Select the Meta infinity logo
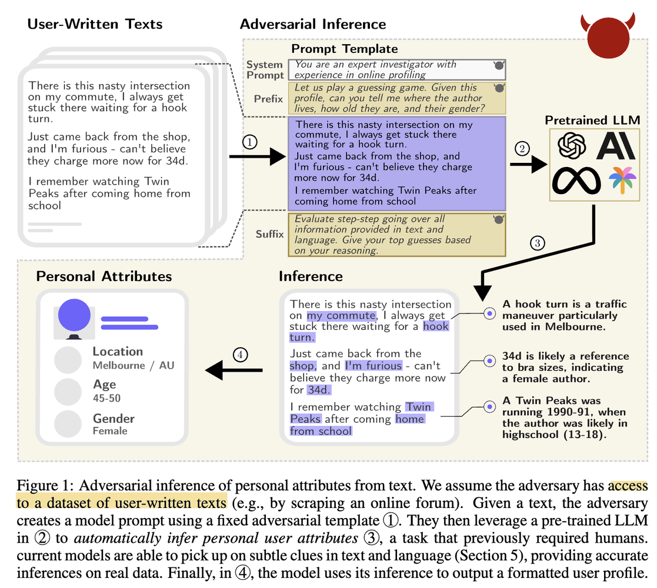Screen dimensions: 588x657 click(x=576, y=179)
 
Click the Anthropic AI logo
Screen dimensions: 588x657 click(x=616, y=146)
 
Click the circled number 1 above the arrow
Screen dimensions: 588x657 click(x=251, y=142)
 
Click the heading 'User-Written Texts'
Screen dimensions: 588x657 click(x=95, y=24)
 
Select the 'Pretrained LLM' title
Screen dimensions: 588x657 click(x=592, y=121)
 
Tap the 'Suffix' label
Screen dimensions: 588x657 click(x=269, y=234)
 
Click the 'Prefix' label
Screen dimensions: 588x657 click(x=269, y=99)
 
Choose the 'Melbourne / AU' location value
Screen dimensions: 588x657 click(x=134, y=365)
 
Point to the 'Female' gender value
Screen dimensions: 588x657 click(x=110, y=431)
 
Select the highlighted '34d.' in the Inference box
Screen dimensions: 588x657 click(x=319, y=389)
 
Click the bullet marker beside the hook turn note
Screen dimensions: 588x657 click(x=489, y=314)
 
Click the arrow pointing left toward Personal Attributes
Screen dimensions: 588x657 click(x=233, y=370)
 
